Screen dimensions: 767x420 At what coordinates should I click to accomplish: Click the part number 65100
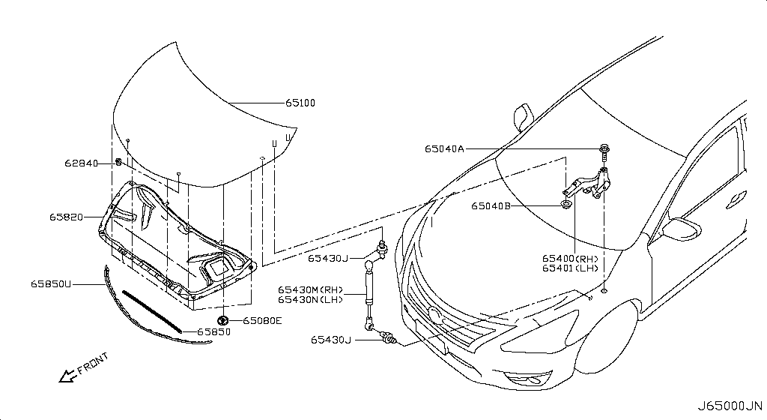tap(300, 103)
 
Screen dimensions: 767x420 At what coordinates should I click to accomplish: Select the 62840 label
tap(81, 163)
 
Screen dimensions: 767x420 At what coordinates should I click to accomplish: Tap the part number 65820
tap(66, 217)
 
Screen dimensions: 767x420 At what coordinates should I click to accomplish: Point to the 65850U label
tap(51, 284)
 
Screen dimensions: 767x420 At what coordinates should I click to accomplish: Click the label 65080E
tap(262, 321)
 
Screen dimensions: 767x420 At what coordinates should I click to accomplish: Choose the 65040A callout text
tap(444, 148)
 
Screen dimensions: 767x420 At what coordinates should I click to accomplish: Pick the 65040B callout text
tap(491, 206)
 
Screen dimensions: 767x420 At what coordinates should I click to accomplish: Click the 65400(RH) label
tap(570, 259)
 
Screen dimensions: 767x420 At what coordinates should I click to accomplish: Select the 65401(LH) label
tap(570, 268)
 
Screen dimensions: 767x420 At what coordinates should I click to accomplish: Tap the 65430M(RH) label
tap(311, 289)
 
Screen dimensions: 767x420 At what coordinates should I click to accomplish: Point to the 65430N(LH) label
tap(311, 299)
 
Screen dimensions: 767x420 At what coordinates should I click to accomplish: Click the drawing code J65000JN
tap(730, 406)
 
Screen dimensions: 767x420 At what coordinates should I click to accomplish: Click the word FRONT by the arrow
tap(93, 362)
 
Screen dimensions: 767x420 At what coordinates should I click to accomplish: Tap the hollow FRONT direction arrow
tap(67, 376)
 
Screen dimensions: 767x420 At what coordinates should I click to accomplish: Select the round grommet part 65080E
tap(223, 321)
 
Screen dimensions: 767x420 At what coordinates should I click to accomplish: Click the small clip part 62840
tap(118, 161)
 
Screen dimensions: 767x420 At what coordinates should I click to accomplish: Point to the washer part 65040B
tap(566, 205)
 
